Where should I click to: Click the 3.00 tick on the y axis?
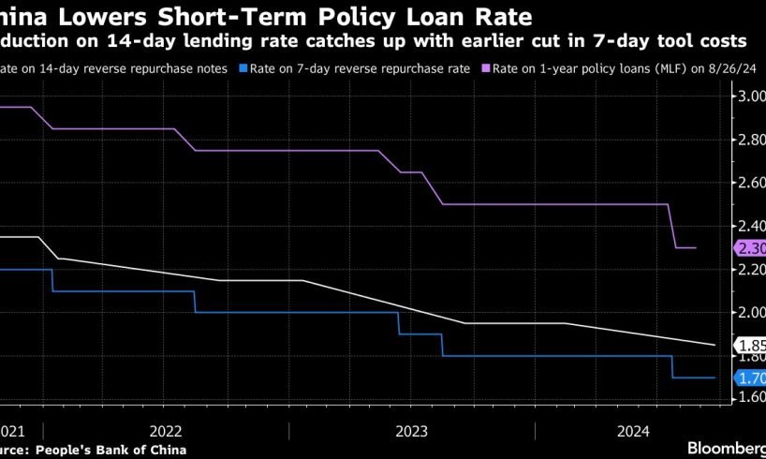751,96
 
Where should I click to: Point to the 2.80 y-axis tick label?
751,140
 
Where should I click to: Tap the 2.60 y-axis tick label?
751,183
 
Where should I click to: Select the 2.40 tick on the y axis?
751,226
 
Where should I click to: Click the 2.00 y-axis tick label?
751,313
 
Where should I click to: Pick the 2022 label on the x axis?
166,431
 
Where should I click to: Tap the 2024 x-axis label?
634,431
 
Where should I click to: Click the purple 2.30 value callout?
751,248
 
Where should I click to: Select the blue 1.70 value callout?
751,378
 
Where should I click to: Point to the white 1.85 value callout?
751,345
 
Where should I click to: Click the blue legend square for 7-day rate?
243,68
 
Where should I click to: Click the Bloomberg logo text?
726,448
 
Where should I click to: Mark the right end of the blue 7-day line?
715,378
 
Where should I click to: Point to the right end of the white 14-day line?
715,345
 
